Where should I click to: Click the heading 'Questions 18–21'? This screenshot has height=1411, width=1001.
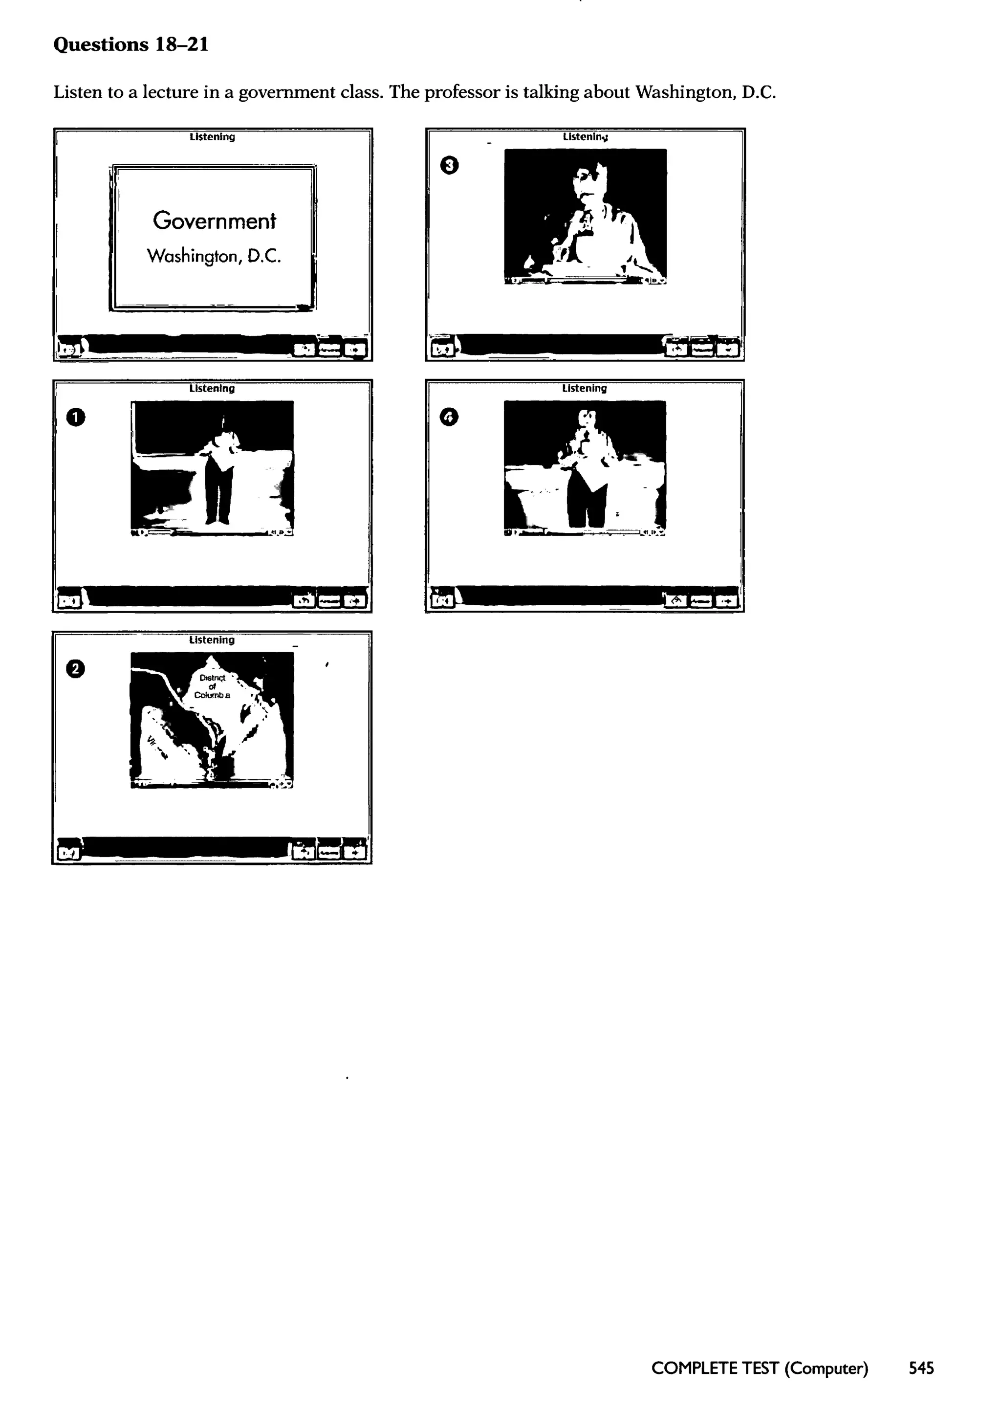click(131, 44)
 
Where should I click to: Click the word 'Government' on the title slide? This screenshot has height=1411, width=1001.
click(214, 220)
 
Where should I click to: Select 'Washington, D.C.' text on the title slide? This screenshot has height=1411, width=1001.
click(214, 256)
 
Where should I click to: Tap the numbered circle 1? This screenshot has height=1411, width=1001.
click(75, 418)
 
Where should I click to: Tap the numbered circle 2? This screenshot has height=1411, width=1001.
click(75, 669)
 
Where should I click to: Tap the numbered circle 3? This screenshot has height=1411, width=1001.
click(449, 165)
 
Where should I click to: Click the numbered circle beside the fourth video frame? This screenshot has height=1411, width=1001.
click(449, 418)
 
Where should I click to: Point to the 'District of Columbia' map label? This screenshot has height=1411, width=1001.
click(212, 686)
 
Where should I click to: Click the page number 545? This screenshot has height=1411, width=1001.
click(921, 1368)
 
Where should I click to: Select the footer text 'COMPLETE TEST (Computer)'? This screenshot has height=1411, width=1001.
click(760, 1368)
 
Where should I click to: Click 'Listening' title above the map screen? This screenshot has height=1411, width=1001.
click(212, 640)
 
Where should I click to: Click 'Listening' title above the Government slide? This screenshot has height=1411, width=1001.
click(212, 137)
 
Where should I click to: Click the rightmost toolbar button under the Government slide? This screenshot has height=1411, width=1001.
click(354, 350)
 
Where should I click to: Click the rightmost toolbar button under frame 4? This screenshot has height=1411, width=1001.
click(727, 600)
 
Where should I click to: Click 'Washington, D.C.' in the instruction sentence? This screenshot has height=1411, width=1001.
click(705, 92)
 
